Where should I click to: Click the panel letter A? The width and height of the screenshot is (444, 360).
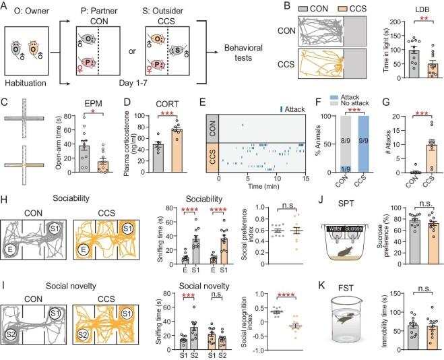coord(6,6)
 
